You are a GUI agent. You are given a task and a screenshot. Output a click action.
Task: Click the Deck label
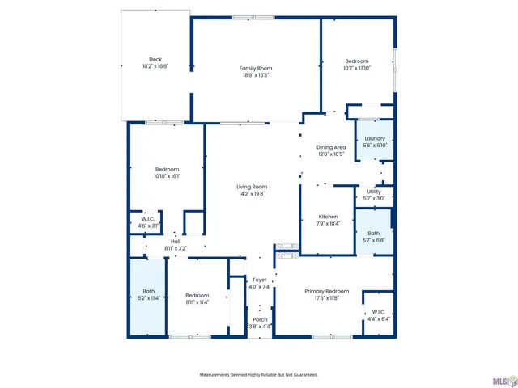tap(155, 60)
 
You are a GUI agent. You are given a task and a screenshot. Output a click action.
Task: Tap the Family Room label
tap(255, 68)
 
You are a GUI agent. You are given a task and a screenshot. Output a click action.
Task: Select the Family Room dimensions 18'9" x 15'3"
tap(255, 75)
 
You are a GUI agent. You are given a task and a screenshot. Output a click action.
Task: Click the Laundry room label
tap(375, 138)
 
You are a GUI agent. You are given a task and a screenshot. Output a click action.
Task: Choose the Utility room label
tap(374, 191)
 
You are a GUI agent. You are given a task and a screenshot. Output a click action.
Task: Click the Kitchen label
tap(328, 217)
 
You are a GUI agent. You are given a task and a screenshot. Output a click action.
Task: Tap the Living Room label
tap(252, 187)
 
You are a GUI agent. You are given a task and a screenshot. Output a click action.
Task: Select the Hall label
tap(176, 242)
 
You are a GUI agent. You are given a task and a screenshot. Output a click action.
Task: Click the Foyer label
tap(260, 279)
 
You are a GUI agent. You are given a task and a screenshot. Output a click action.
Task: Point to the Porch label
tap(260, 319)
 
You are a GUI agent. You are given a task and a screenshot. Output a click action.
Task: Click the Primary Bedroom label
tap(326, 291)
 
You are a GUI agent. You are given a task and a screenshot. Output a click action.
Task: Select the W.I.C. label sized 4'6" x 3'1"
tap(148, 218)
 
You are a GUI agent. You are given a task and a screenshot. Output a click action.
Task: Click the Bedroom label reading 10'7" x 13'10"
tap(357, 61)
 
